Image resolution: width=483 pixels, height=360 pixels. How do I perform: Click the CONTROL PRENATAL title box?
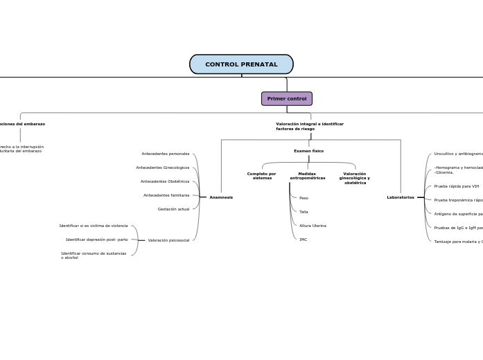[241, 64]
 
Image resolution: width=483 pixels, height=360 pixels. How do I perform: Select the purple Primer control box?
[286, 99]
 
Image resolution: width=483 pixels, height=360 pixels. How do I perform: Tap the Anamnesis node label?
[221, 197]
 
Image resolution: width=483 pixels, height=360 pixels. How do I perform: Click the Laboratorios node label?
[401, 197]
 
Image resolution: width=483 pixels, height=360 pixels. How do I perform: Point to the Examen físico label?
[308, 151]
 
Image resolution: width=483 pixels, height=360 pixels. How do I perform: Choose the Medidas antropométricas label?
[307, 176]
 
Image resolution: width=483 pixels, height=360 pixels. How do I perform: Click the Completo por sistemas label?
[261, 176]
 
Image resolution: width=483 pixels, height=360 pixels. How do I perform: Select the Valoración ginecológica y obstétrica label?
[354, 179]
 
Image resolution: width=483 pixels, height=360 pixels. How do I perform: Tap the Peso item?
[304, 198]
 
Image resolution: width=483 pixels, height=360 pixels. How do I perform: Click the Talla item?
[304, 212]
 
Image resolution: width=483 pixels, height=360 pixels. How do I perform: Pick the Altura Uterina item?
[313, 226]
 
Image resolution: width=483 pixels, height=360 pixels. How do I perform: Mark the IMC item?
[303, 240]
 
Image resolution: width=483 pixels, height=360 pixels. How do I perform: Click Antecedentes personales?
[166, 154]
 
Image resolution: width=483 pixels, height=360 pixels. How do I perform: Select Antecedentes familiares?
[166, 195]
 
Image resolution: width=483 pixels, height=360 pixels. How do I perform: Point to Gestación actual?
[173, 209]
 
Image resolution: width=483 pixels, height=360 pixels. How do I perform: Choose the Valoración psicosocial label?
[168, 240]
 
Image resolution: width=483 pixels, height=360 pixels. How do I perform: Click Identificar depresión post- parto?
[97, 240]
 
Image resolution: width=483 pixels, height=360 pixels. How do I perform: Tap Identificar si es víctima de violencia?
[94, 226]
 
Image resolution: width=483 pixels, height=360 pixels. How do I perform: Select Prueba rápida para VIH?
[457, 186]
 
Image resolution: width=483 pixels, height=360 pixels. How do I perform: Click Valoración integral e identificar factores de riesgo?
[310, 127]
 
